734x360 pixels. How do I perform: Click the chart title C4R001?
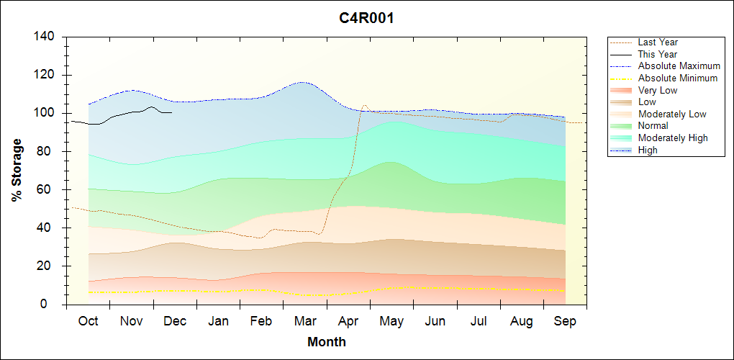tap(366, 18)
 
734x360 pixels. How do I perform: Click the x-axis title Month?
tap(326, 342)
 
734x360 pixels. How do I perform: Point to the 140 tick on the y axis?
tap(47, 37)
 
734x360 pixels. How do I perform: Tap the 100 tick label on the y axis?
tap(47, 113)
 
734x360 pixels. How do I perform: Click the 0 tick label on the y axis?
tap(53, 305)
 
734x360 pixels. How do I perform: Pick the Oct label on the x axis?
tap(88, 321)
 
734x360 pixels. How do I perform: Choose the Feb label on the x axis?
tap(262, 321)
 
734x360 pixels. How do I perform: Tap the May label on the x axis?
tap(391, 321)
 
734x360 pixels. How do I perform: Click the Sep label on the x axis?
tap(565, 321)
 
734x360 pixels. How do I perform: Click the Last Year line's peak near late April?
tap(364, 105)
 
